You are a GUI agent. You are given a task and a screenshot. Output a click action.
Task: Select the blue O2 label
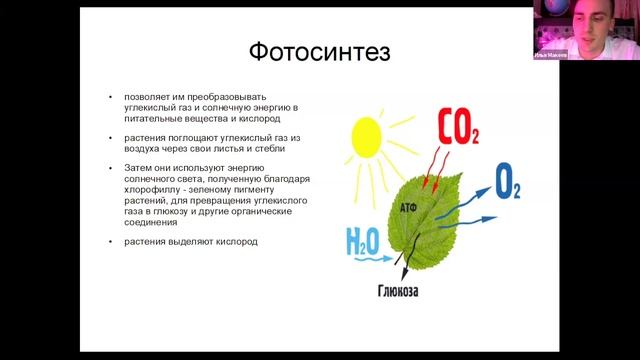(x=508, y=182)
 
